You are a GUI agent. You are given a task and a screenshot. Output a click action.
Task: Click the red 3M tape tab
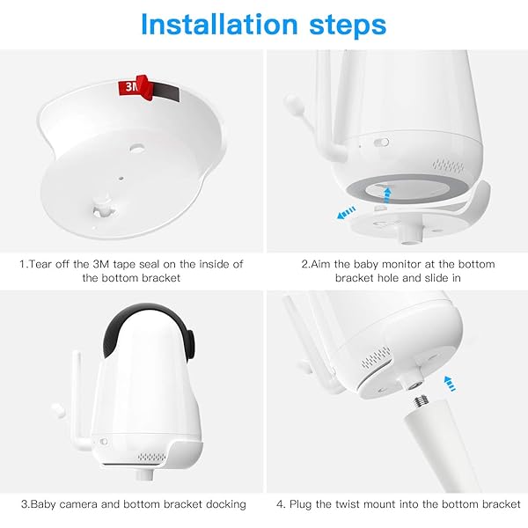(129, 88)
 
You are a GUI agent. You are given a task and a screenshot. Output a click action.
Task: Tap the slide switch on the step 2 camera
(380, 141)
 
